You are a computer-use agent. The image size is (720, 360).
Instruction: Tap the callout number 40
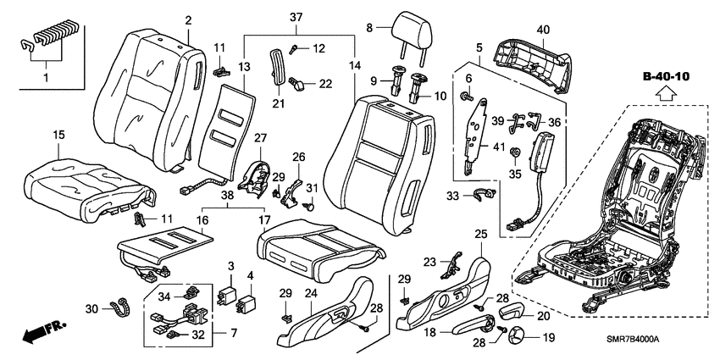coord(543,30)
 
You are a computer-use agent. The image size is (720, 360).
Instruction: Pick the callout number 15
coord(58,135)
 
